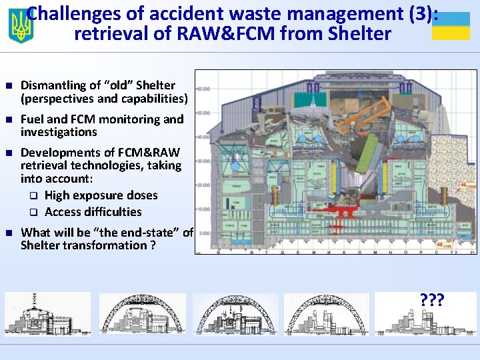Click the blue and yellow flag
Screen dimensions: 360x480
451,26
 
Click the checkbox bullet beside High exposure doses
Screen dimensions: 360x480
32,195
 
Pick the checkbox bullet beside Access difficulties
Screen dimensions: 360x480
32,212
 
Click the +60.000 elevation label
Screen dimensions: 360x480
203,88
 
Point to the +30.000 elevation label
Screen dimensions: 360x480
203,161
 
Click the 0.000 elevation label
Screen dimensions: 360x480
204,233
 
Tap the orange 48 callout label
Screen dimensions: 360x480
462,245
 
